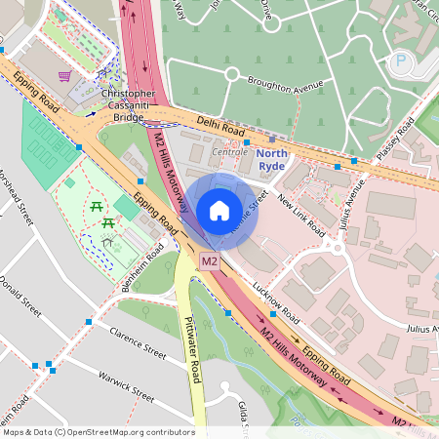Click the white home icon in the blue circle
(219, 211)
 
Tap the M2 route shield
(209, 262)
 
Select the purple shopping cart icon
(65, 76)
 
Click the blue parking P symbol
(399, 61)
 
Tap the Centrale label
(229, 152)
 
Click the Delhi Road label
(220, 127)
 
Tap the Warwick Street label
(126, 388)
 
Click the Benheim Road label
(141, 262)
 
